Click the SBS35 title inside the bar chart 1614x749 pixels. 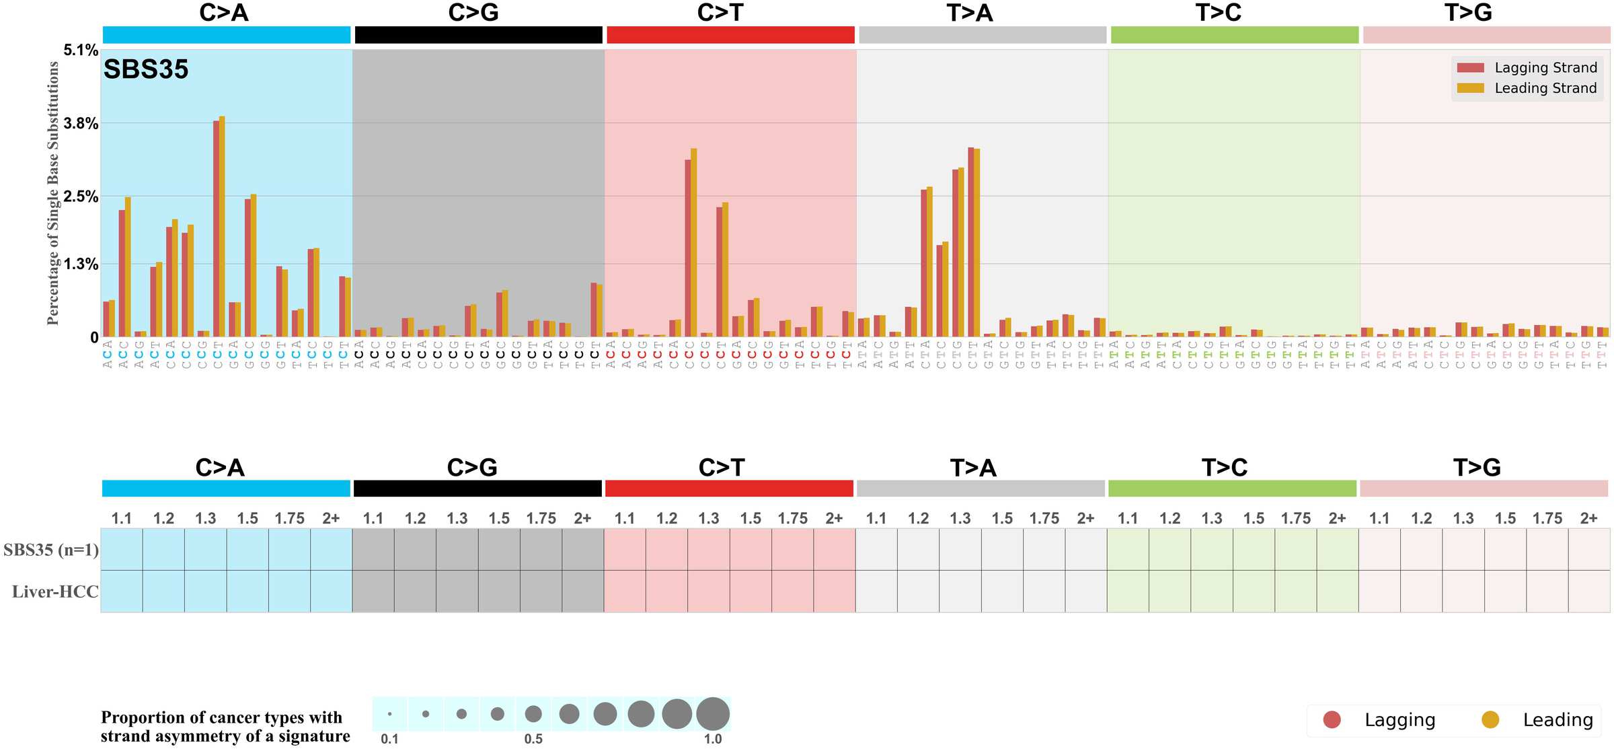(146, 69)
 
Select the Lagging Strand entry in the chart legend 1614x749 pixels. (1545, 68)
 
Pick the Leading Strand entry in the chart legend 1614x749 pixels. (1545, 88)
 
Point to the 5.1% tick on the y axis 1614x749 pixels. (81, 50)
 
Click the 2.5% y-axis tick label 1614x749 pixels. (81, 197)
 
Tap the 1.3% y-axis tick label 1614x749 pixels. (81, 264)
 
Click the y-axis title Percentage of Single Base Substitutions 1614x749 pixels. (53, 193)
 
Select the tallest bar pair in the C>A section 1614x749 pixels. (219, 227)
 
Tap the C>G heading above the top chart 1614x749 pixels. (473, 13)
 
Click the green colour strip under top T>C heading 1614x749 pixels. (1234, 35)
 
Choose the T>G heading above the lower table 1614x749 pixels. (1477, 467)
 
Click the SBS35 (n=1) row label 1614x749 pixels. (51, 550)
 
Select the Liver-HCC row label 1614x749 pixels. (55, 592)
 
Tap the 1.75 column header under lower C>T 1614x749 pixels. (792, 518)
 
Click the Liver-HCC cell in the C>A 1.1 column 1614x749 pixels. (122, 592)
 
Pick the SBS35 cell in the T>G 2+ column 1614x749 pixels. (1588, 549)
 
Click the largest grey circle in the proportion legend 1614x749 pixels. (713, 713)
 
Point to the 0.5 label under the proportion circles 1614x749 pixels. (533, 739)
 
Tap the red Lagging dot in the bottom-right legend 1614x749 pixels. (1332, 719)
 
